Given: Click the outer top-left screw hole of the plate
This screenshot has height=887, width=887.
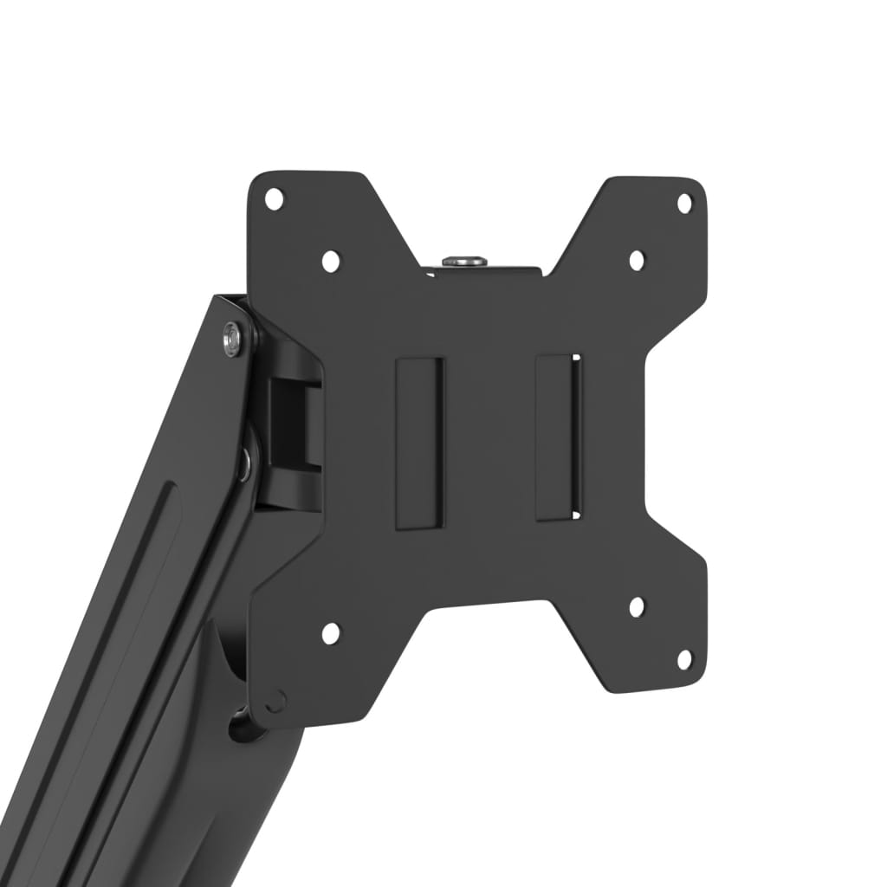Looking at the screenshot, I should [274, 198].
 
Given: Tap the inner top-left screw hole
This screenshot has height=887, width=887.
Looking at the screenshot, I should [330, 260].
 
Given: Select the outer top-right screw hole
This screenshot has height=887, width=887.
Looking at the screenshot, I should [684, 203].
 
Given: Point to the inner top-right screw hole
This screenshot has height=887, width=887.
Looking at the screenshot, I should [637, 260].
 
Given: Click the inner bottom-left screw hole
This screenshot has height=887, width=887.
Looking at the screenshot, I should [330, 633].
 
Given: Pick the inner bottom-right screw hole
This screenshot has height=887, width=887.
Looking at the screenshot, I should [637, 606].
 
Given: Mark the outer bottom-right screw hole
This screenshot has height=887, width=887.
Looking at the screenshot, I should [684, 659].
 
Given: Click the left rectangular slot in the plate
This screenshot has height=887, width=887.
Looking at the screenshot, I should [420, 442].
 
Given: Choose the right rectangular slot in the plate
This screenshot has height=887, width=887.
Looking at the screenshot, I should [558, 437].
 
